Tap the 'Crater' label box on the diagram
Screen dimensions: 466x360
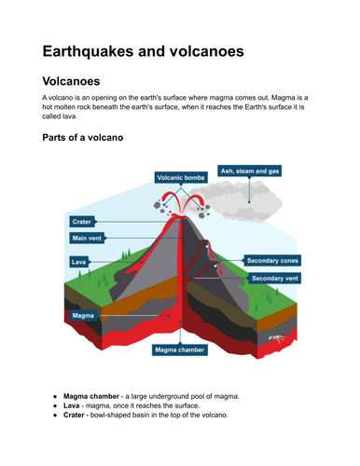pyautogui.click(x=81, y=222)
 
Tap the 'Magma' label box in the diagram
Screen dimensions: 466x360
pyautogui.click(x=83, y=316)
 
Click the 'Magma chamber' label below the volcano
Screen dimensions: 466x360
pyautogui.click(x=181, y=351)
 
